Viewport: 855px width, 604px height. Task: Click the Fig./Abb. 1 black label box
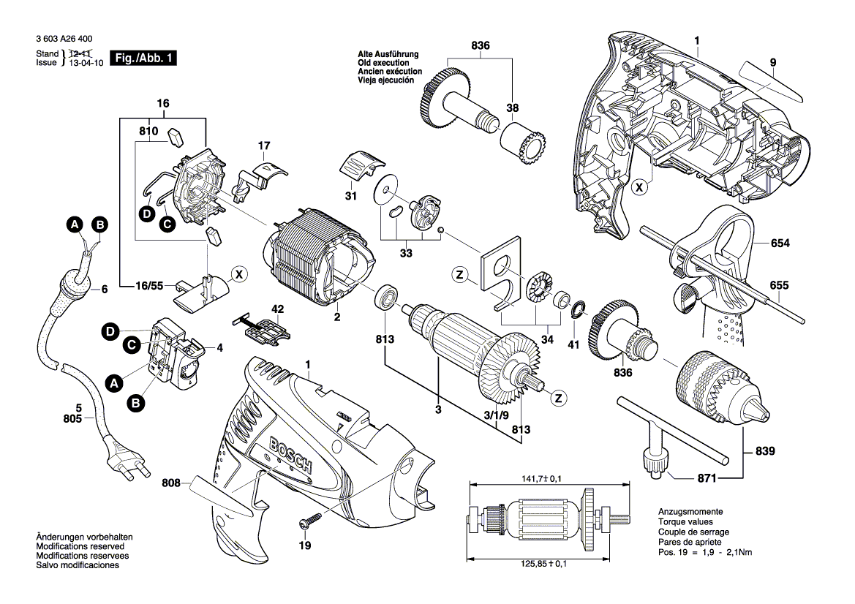pyautogui.click(x=143, y=58)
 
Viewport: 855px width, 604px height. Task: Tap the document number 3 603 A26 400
pyautogui.click(x=63, y=38)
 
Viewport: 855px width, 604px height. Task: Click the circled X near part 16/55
pyautogui.click(x=238, y=275)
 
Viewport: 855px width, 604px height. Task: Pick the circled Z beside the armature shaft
pyautogui.click(x=559, y=398)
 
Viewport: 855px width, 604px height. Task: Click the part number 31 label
pyautogui.click(x=350, y=196)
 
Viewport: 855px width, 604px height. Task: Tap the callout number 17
pyautogui.click(x=263, y=147)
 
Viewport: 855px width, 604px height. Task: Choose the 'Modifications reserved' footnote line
pyautogui.click(x=80, y=546)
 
